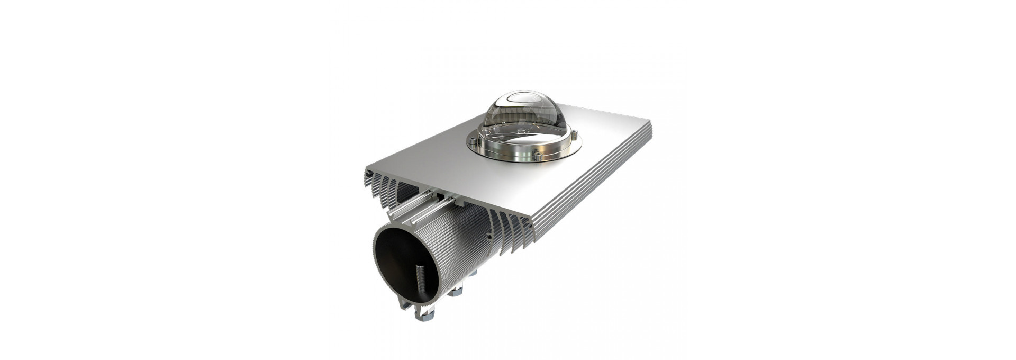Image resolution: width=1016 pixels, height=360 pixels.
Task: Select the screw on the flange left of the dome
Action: pos(472,140)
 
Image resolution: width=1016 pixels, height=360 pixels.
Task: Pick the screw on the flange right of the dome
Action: pos(575,134)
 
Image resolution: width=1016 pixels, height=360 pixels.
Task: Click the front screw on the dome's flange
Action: pos(538,155)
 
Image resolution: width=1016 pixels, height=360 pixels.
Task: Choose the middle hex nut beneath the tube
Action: pos(455,291)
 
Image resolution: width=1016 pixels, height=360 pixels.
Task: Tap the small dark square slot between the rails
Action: pos(440,196)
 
